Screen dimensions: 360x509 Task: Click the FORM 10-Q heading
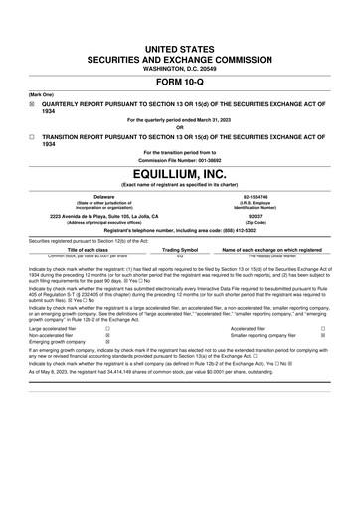click(180, 83)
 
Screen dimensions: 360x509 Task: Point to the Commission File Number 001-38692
click(180, 159)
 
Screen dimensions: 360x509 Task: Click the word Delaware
click(90, 195)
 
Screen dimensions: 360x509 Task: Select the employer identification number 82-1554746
click(270, 195)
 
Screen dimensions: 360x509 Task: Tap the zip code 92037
click(270, 214)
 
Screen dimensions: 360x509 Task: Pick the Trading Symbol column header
click(181, 249)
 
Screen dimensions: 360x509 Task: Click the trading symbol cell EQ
click(181, 255)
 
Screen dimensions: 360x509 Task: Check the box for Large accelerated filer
click(107, 326)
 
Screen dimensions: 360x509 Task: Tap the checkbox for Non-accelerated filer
click(107, 333)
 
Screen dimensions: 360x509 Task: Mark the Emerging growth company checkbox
click(107, 340)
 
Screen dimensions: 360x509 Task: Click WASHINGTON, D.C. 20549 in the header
click(180, 65)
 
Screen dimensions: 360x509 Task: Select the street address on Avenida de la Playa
click(90, 214)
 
